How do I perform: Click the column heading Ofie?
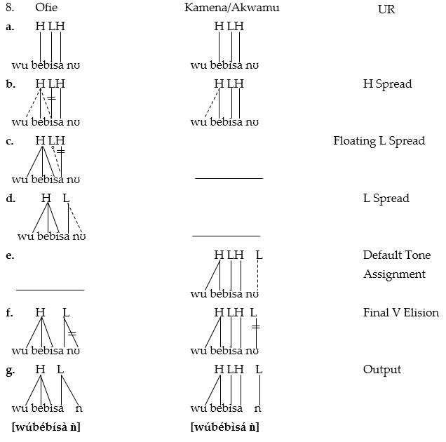click(46, 8)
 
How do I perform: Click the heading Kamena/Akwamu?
click(229, 8)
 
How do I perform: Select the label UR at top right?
click(386, 10)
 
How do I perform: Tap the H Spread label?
click(387, 84)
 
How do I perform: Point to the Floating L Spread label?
click(379, 141)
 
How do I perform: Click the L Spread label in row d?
click(386, 199)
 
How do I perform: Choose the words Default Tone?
click(396, 255)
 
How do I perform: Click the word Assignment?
click(394, 274)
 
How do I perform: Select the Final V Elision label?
click(400, 313)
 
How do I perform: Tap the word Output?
click(382, 370)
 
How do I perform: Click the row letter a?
click(10, 27)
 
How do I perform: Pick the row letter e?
click(10, 255)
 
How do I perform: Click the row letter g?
click(10, 370)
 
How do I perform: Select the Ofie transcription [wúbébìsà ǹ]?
click(46, 427)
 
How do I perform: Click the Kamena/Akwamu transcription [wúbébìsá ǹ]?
click(225, 427)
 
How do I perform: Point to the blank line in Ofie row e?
click(50, 289)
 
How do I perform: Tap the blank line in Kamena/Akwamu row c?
click(229, 178)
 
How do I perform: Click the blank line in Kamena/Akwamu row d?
click(226, 236)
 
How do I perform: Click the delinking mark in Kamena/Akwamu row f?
click(257, 327)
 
